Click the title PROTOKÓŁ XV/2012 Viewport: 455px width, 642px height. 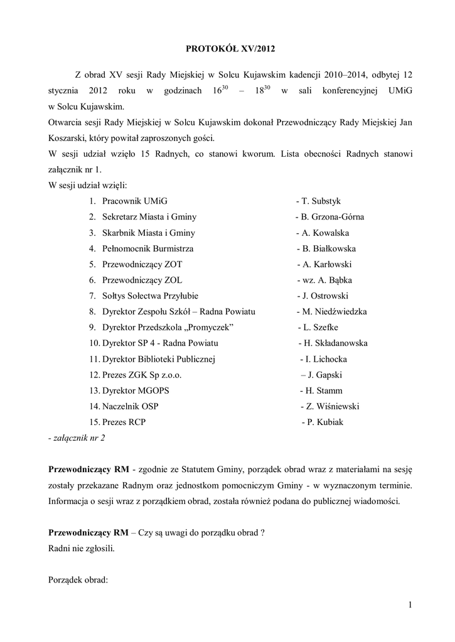pyautogui.click(x=227, y=48)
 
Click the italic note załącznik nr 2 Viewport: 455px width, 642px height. pyautogui.click(x=77, y=438)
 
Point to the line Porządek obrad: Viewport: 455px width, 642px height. pyautogui.click(x=78, y=580)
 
